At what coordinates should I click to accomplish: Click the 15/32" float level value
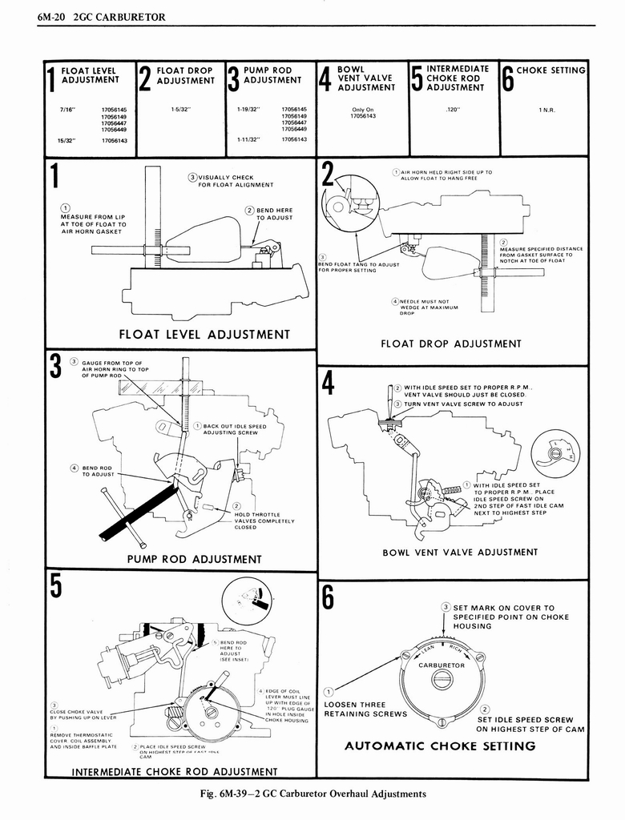[x=67, y=139]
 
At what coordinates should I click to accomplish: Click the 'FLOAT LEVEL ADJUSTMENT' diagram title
[x=204, y=334]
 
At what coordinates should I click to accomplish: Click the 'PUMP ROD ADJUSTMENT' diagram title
[x=194, y=558]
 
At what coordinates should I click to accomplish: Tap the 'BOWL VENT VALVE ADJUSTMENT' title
[x=460, y=552]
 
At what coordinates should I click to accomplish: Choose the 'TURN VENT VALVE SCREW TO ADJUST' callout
[x=462, y=404]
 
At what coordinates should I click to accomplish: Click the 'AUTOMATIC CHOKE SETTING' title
[x=440, y=746]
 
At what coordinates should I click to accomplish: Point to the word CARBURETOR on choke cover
[x=442, y=665]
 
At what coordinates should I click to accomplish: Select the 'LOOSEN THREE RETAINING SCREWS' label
[x=365, y=709]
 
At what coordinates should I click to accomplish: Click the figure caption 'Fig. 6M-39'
[x=312, y=794]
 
